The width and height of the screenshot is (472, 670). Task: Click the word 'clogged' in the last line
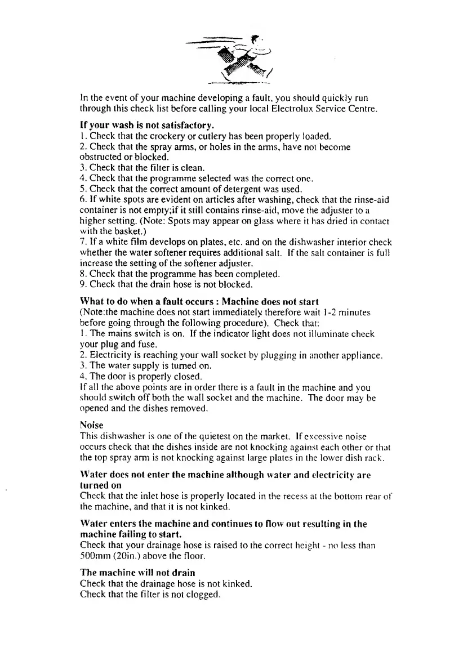(x=200, y=593)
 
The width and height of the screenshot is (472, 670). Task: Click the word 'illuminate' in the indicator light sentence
(x=328, y=334)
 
